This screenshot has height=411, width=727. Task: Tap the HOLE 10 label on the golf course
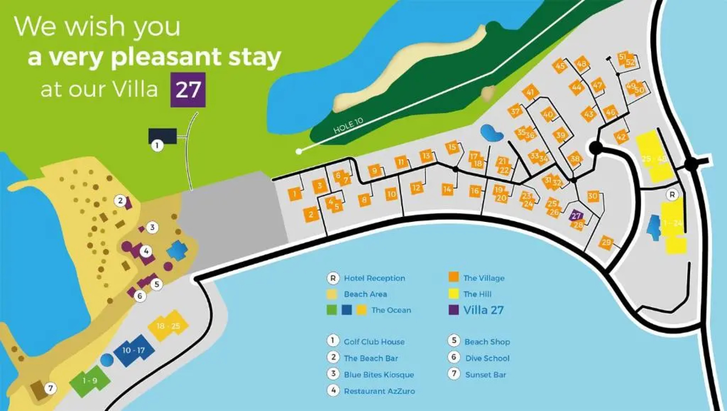(348, 125)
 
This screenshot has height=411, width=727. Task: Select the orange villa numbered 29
(606, 242)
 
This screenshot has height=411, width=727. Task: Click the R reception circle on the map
(672, 195)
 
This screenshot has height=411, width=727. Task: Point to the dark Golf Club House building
(163, 136)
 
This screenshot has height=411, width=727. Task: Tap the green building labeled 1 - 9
(90, 381)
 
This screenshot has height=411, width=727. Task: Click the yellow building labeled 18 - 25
(168, 326)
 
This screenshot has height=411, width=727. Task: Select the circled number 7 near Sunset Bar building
(50, 389)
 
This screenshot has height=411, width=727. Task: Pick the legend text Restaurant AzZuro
(379, 391)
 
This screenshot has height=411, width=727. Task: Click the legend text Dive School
(487, 358)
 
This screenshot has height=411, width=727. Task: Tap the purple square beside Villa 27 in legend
(453, 310)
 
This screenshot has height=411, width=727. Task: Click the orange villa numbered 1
(294, 194)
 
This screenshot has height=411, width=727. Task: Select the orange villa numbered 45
(560, 66)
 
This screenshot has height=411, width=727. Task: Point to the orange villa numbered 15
(452, 147)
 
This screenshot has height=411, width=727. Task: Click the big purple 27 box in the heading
(188, 90)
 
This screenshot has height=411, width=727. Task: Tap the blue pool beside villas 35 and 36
(492, 133)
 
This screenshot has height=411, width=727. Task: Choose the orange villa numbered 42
(621, 137)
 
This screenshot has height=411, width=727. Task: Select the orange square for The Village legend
(453, 277)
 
